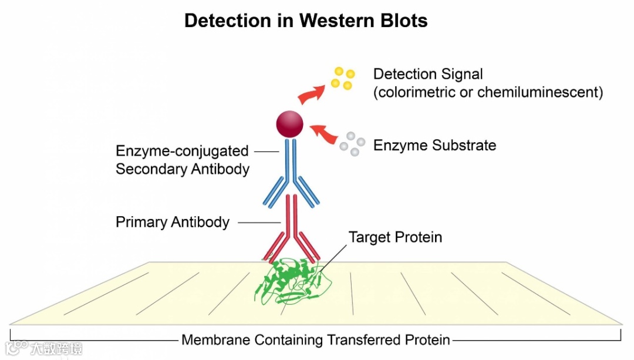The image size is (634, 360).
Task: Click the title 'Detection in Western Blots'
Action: click(x=306, y=21)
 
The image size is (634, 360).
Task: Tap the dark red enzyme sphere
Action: click(x=290, y=124)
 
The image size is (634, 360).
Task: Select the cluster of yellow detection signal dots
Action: click(x=343, y=79)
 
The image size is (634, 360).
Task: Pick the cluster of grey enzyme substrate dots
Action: click(x=352, y=143)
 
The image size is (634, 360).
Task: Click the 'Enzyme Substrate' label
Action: click(x=434, y=145)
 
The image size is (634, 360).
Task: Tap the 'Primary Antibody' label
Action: click(x=173, y=223)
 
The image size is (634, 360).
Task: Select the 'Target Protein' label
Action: click(x=395, y=237)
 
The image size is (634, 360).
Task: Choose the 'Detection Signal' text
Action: click(x=428, y=75)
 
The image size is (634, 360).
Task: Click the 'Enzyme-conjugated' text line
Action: click(x=182, y=151)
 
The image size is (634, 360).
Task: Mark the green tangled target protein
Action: click(x=291, y=282)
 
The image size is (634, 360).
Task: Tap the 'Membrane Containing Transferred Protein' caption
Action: click(x=316, y=340)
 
